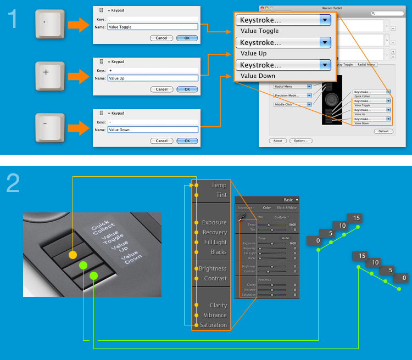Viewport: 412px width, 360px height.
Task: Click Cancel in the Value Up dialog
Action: pos(161,89)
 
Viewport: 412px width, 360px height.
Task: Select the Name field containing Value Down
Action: pos(152,130)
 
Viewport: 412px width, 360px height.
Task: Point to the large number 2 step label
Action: pos(13,183)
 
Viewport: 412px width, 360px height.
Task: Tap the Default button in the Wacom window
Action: pos(383,131)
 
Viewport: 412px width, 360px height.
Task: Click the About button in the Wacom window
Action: pos(278,140)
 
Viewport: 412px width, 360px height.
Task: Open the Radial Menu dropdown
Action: pos(293,86)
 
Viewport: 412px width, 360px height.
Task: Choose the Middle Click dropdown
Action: pos(293,104)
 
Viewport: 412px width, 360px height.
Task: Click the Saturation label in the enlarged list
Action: pos(213,325)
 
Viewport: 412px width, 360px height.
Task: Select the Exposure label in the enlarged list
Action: pos(214,222)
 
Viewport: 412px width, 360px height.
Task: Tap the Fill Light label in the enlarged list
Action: pos(214,242)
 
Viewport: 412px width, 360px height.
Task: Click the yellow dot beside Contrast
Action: pos(196,279)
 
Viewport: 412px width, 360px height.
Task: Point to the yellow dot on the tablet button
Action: pos(73,255)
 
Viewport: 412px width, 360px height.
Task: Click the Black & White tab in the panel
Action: pos(286,208)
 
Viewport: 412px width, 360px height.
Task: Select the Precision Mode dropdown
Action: pos(293,95)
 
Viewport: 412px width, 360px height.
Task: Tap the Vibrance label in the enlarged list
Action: pos(215,315)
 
